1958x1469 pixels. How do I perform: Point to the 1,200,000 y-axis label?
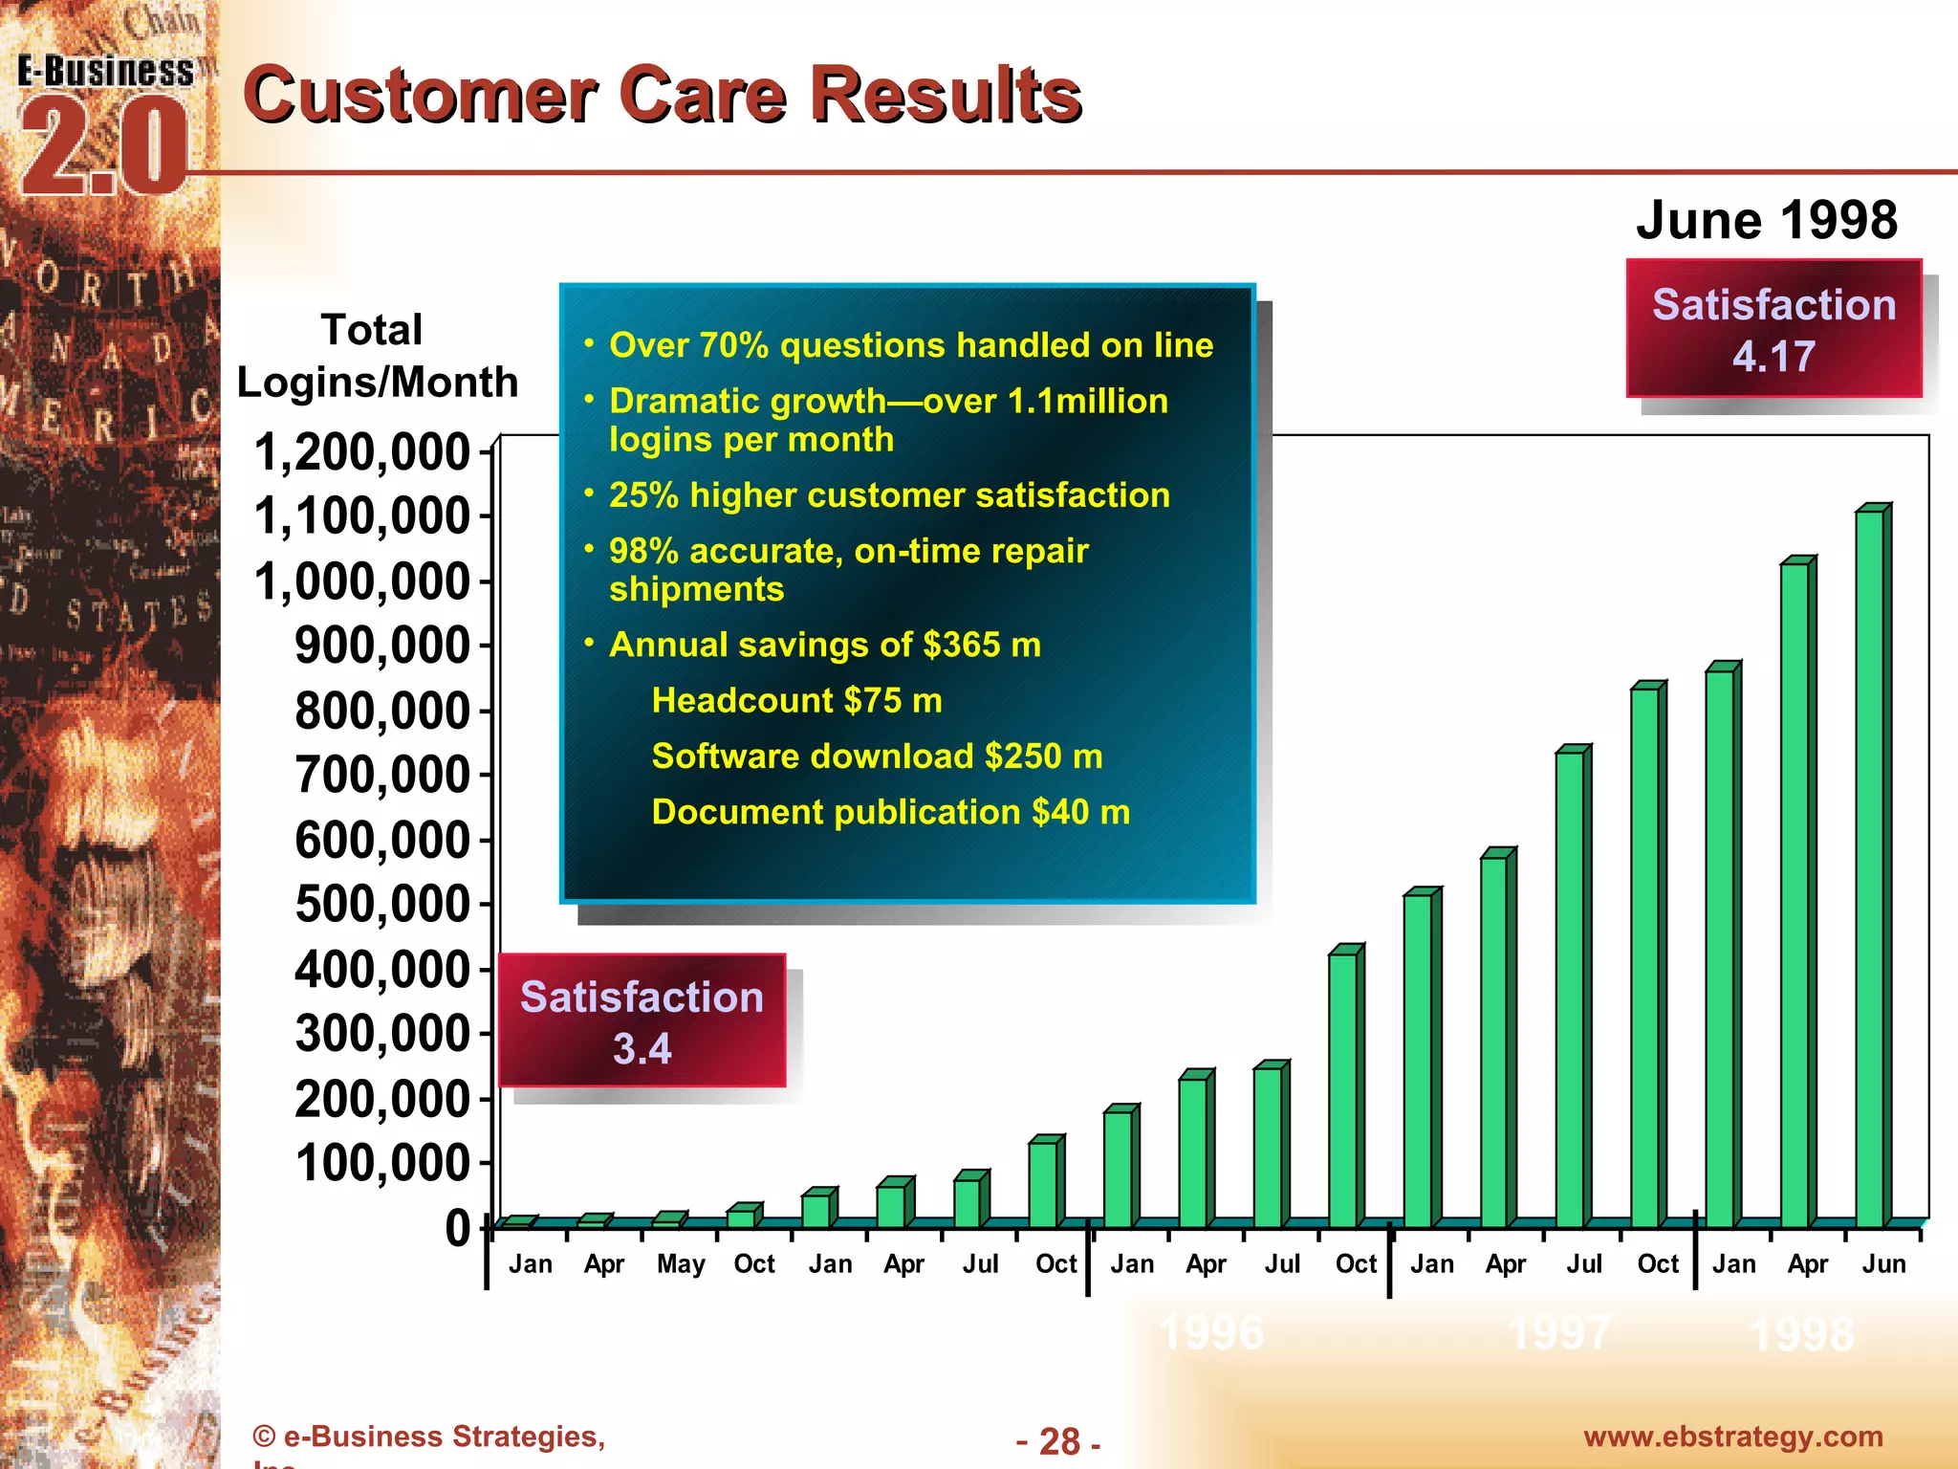[362, 451]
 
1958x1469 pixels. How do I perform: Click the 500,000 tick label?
[382, 905]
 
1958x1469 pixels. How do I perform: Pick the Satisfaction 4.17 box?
[1773, 329]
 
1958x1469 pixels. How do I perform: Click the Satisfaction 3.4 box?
[642, 1020]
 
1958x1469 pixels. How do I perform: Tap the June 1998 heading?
[1766, 221]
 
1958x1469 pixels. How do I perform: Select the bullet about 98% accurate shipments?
[847, 570]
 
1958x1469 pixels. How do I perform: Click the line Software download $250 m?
[877, 756]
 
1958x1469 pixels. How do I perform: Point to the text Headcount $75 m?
[796, 701]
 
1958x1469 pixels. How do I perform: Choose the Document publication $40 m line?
[890, 812]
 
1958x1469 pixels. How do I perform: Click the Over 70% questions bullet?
[910, 345]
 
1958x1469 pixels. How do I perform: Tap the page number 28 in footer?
[1058, 1441]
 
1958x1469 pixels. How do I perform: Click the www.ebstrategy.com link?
[1732, 1436]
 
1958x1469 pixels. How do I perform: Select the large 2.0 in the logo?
[103, 148]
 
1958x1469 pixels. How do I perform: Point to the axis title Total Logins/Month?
[377, 356]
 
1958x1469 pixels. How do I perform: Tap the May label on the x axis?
[680, 1264]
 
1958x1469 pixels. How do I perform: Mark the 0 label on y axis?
[458, 1228]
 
